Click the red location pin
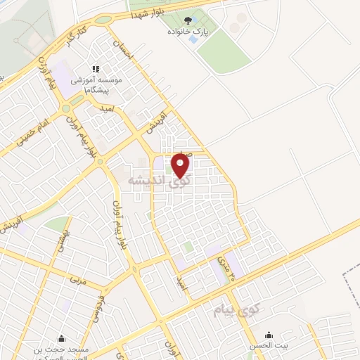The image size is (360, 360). (x=181, y=165)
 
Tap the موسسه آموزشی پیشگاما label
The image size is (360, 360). (x=98, y=86)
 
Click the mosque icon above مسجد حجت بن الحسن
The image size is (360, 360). (x=62, y=337)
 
